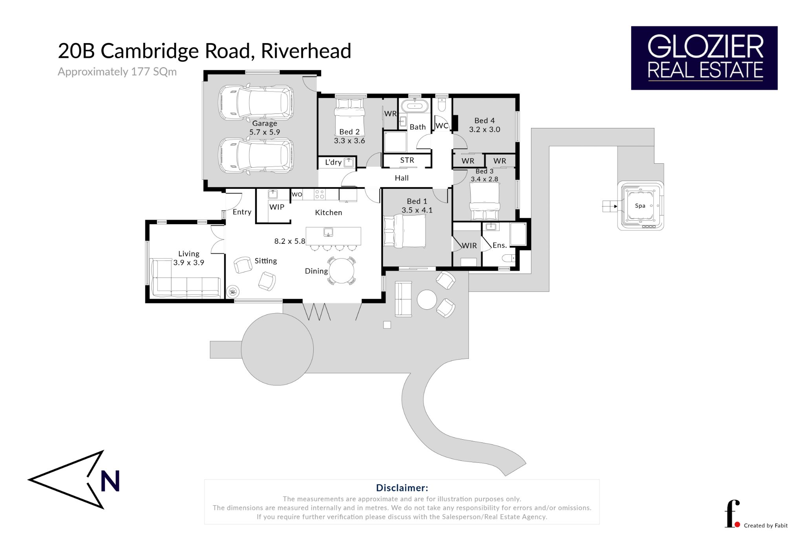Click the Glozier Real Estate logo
[704, 58]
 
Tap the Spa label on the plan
[640, 206]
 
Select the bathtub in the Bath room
[415, 106]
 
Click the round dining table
[342, 271]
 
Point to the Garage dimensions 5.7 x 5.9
[265, 132]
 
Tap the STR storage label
[407, 160]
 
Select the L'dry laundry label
[333, 162]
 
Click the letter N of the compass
[110, 481]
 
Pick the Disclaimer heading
[402, 488]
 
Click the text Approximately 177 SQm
[117, 72]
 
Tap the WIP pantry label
[277, 207]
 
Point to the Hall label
[402, 178]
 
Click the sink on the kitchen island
[328, 232]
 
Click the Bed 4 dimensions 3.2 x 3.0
[484, 130]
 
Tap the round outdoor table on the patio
[427, 300]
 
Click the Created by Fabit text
[766, 526]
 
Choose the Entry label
[242, 212]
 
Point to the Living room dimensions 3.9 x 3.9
[189, 263]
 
